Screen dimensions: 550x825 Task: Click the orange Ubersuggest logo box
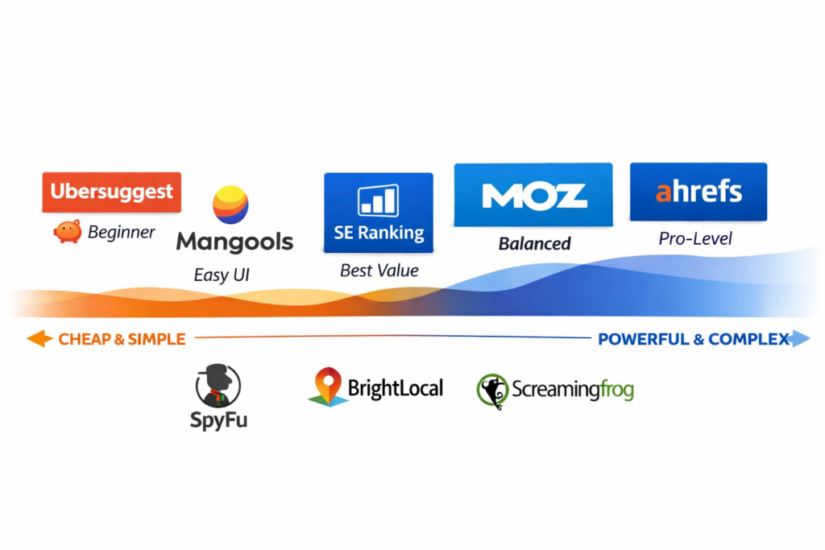coord(112,192)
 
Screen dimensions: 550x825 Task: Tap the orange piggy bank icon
coord(68,232)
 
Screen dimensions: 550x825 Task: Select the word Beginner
coord(121,233)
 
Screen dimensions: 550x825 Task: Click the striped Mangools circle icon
coord(230,205)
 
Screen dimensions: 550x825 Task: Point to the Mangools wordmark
coord(234,242)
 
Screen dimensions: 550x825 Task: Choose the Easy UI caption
coord(222,275)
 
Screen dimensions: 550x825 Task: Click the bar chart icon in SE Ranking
coord(378,201)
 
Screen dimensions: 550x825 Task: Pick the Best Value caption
coord(379,271)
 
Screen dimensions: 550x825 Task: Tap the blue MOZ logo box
coord(533,195)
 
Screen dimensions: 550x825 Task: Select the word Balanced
coord(534,243)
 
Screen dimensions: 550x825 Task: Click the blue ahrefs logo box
coord(699,192)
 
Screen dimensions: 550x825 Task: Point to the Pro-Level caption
coord(695,238)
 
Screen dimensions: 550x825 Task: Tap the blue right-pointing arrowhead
coord(800,339)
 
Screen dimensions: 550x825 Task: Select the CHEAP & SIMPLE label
coord(122,339)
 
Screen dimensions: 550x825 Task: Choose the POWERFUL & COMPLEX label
coord(693,339)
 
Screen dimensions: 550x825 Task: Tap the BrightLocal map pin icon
coord(327,387)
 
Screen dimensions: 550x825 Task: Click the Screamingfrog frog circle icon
coord(492,391)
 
